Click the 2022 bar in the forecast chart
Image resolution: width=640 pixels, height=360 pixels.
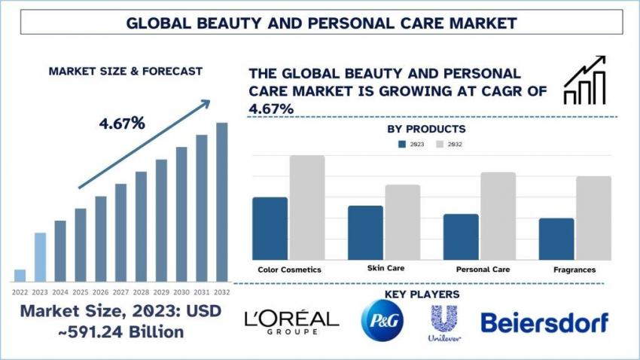(20, 275)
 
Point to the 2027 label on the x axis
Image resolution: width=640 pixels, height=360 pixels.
(120, 291)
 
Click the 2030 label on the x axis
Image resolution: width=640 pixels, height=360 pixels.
(181, 291)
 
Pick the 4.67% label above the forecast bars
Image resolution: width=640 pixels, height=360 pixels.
(122, 123)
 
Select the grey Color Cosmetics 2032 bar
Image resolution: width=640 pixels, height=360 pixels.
(306, 208)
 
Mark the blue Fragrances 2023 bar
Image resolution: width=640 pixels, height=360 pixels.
(556, 239)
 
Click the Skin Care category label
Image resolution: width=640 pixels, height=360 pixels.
(386, 268)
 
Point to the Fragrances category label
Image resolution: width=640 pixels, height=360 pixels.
(574, 269)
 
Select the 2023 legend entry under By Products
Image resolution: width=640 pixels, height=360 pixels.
(410, 144)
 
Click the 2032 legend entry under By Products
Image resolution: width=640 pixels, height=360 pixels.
(449, 144)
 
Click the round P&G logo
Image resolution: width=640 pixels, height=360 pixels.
(382, 319)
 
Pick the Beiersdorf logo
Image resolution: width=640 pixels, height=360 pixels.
(544, 322)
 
